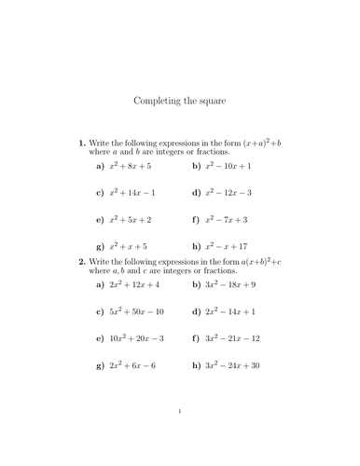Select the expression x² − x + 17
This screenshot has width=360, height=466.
(226, 247)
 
